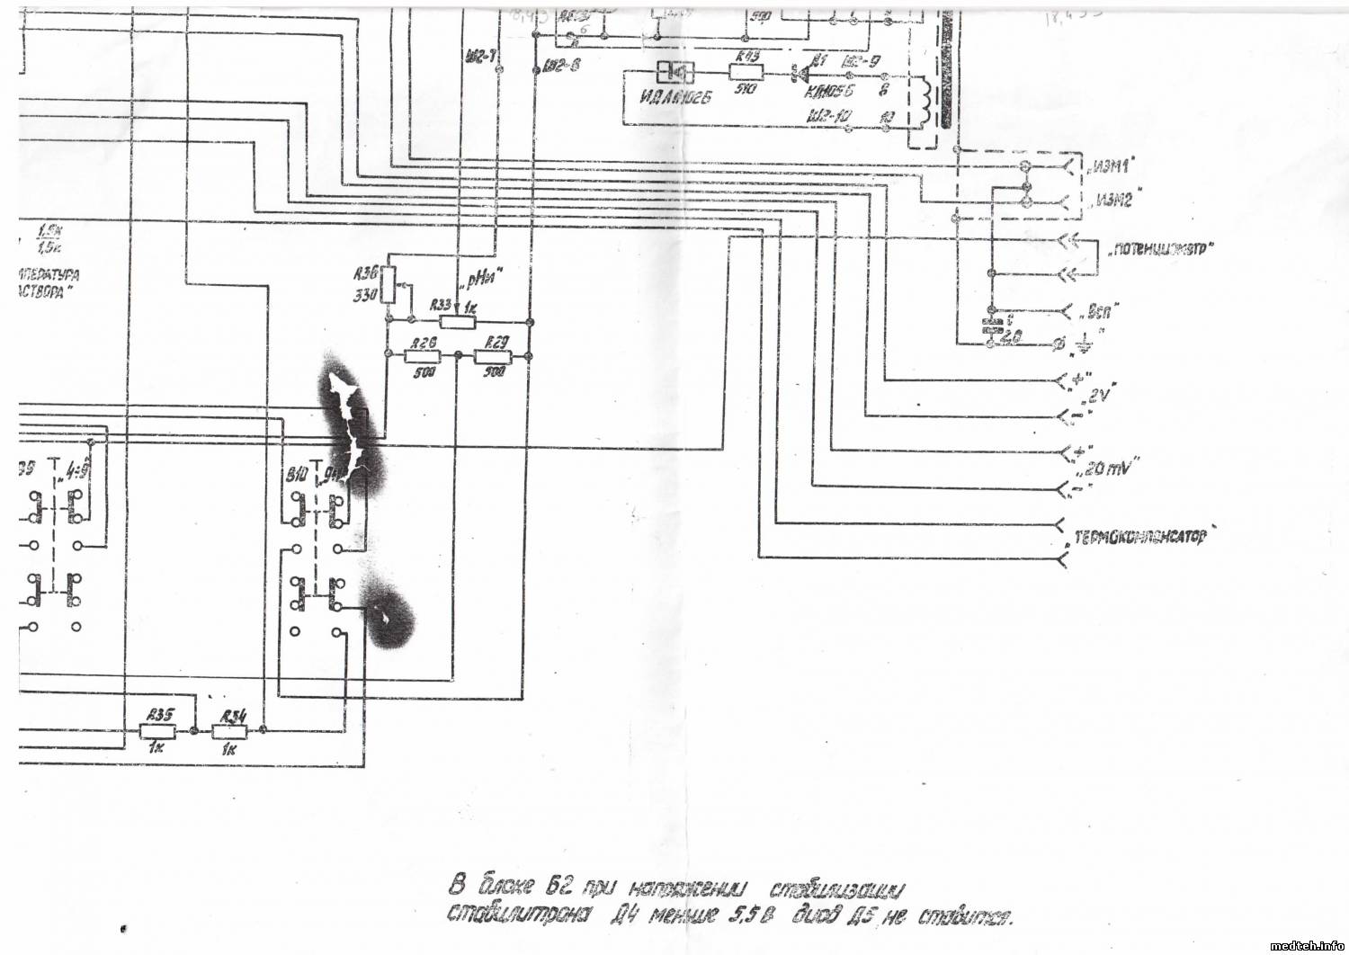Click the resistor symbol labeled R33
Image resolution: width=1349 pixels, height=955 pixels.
point(458,321)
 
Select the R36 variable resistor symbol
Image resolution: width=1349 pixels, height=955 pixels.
point(389,284)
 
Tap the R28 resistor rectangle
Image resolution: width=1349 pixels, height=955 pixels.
point(424,356)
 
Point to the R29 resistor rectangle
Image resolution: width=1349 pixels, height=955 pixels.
point(494,356)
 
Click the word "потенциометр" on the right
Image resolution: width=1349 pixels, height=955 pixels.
point(1160,249)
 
